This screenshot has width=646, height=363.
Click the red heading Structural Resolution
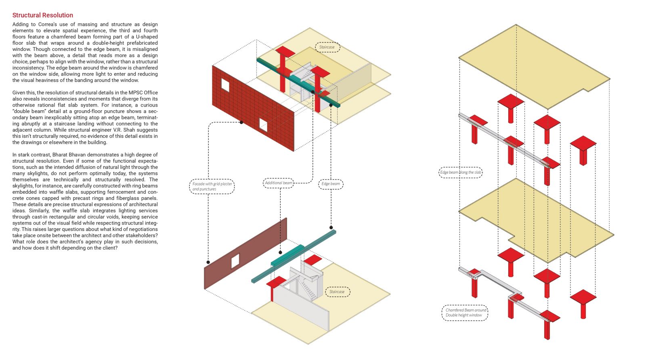(x=43, y=15)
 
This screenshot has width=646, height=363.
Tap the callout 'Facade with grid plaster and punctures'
(x=212, y=186)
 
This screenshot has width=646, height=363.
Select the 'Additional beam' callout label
(x=278, y=183)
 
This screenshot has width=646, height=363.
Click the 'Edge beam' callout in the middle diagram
(x=331, y=184)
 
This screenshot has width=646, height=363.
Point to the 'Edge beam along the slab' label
(x=461, y=172)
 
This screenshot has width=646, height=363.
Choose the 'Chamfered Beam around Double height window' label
(x=465, y=313)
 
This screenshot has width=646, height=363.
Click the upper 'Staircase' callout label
(x=327, y=47)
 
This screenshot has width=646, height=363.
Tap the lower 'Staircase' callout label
(x=338, y=292)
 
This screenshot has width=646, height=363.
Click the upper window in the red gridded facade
(x=225, y=85)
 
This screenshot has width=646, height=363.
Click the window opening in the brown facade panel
(x=235, y=261)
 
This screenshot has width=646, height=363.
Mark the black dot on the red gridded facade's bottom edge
(x=241, y=122)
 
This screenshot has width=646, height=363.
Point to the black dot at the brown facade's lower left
(x=208, y=262)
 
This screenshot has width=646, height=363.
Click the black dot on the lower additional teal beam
(x=280, y=253)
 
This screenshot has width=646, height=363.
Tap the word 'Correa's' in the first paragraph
(x=48, y=25)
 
